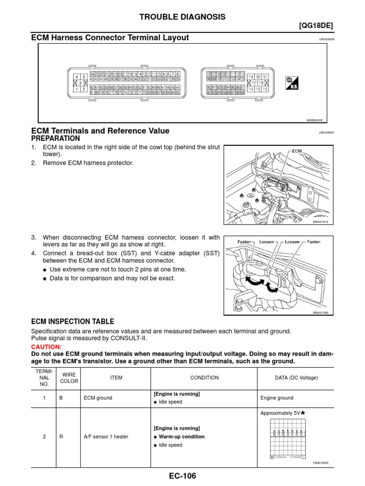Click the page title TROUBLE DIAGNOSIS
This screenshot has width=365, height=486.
coord(182,17)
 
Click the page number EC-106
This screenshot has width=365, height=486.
coord(182,476)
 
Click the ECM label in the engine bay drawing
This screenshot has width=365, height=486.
coord(297,151)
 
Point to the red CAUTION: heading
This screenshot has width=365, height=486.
coord(47,347)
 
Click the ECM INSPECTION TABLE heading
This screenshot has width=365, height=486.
coord(72,321)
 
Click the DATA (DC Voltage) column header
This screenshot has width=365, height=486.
coord(289,378)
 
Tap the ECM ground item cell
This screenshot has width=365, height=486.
coord(97,398)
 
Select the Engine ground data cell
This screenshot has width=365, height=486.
coord(277,398)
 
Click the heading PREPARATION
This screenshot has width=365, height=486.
coord(56,139)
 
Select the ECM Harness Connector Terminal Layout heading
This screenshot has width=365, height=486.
coord(110,37)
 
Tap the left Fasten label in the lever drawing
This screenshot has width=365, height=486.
coord(244,242)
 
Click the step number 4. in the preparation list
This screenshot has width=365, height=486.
coord(34,253)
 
